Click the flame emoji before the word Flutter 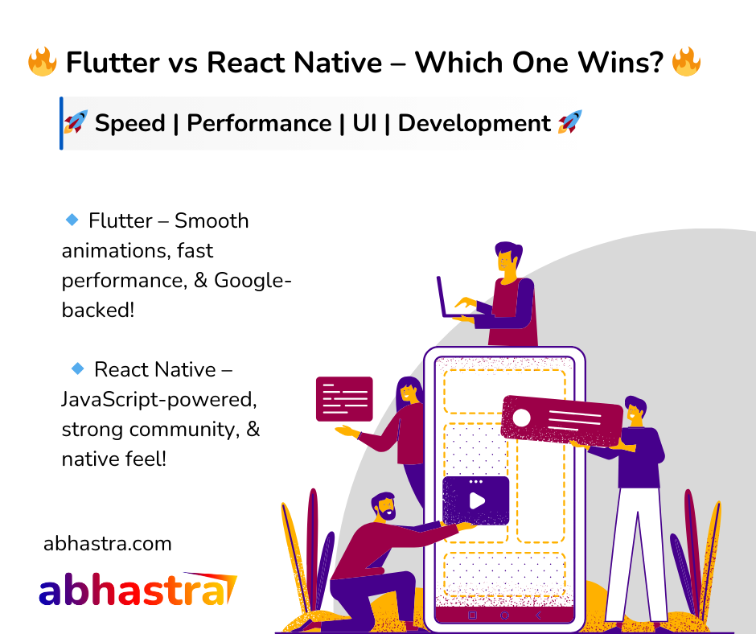click(x=43, y=62)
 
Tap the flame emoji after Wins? click(x=686, y=62)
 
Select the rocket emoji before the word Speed click(x=76, y=121)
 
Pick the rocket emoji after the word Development click(x=569, y=121)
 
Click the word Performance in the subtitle click(x=259, y=123)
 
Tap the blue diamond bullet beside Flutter click(x=72, y=220)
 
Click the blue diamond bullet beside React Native click(x=78, y=368)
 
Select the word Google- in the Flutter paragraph click(x=253, y=280)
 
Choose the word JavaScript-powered click(x=159, y=400)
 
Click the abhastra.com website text click(x=108, y=544)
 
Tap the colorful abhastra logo click(x=138, y=589)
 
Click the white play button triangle click(x=477, y=500)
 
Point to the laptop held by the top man click(x=456, y=299)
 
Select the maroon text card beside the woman click(x=344, y=399)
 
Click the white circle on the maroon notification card click(x=521, y=418)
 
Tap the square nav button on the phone click(x=473, y=615)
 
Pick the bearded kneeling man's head click(x=384, y=507)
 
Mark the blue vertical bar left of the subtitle click(x=61, y=124)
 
